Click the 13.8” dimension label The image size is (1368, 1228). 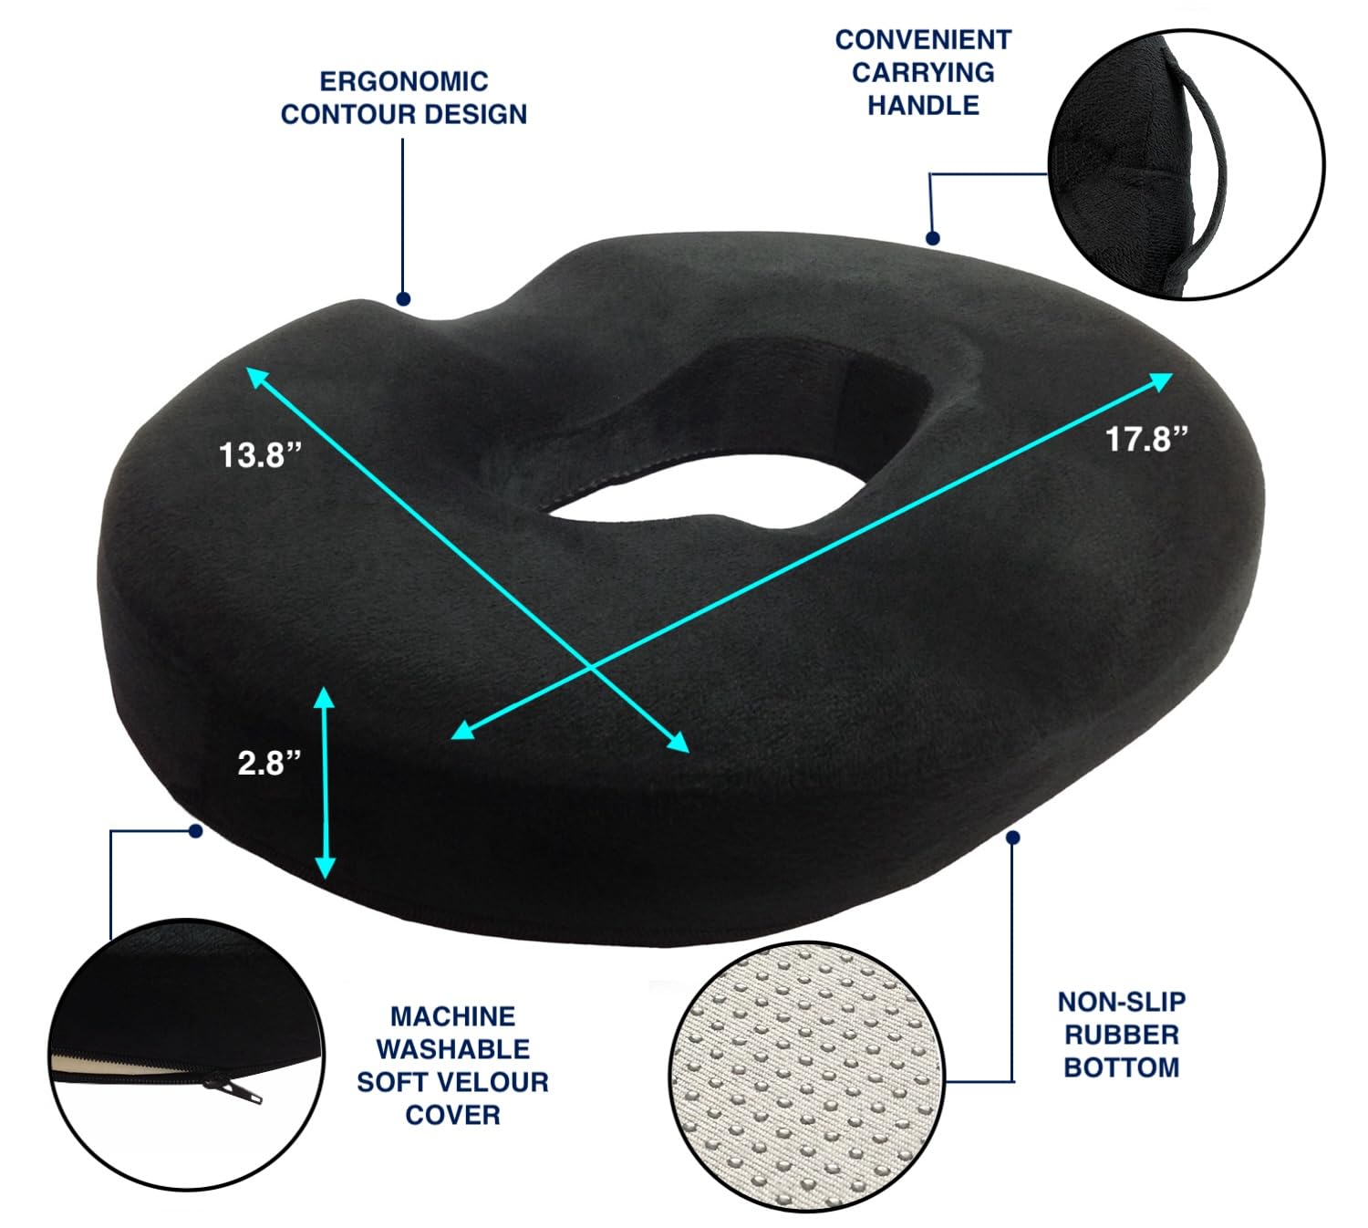coord(260,453)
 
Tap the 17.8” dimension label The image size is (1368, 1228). coord(1147,439)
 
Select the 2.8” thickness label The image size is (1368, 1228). coord(269,762)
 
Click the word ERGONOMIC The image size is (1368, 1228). coord(403,81)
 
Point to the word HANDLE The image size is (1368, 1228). coord(923,105)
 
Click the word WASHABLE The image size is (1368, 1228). coord(452,1049)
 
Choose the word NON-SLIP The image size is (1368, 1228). coord(1121,1002)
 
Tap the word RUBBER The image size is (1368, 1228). coord(1121,1035)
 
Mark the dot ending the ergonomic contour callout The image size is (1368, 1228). coord(403,298)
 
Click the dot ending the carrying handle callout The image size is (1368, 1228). coord(932,238)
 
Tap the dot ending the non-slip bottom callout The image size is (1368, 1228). coord(1012,836)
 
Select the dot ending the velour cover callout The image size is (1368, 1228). coord(194,831)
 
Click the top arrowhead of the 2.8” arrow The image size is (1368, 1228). coord(325,698)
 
